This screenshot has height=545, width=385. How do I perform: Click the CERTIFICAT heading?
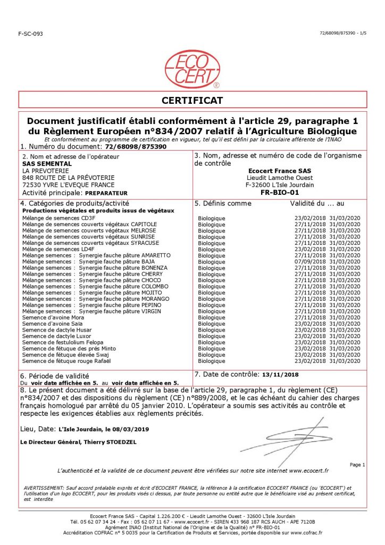[x=192, y=100]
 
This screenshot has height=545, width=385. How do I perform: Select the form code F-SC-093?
[x=30, y=34]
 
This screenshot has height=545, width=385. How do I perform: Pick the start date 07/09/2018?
[x=310, y=262]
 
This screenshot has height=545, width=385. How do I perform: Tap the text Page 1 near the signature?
[x=357, y=465]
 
